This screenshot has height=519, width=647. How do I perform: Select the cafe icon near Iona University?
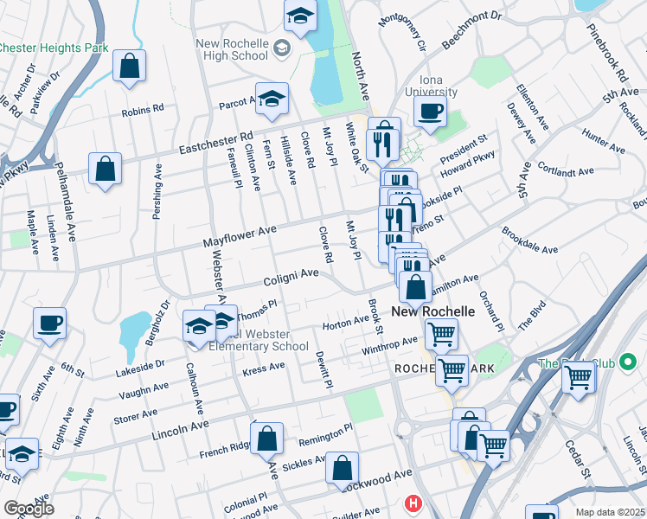430,111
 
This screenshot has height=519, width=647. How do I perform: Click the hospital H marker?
413,503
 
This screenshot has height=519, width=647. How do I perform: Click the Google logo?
29,508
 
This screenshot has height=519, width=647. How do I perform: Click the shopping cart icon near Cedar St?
578,375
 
